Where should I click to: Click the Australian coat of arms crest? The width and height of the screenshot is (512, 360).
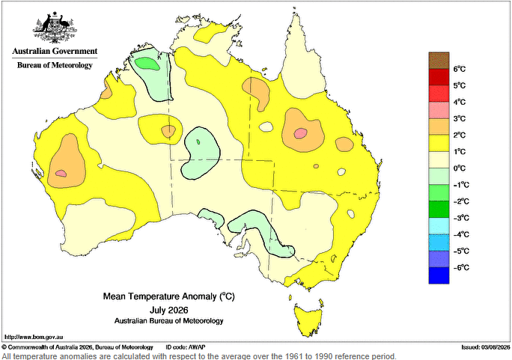coord(55,28)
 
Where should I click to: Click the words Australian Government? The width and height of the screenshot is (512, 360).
coord(55,51)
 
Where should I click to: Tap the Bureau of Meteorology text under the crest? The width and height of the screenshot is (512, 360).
coord(55,65)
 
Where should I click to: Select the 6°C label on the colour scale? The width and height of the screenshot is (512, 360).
coord(459,69)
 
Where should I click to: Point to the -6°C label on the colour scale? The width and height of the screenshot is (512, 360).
coord(461,268)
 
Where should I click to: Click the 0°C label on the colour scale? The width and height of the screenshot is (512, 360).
coord(460,168)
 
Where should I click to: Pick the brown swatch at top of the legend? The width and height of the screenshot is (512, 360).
coord(439,61)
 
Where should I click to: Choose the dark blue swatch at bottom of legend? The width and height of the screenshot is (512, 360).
coord(439,275)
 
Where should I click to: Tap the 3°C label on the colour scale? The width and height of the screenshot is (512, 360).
coord(459,118)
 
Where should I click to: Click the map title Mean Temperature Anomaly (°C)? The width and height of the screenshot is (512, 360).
coord(169,296)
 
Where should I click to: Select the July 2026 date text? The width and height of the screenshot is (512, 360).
coord(169,310)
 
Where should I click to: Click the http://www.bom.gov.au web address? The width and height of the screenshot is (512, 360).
coord(34,337)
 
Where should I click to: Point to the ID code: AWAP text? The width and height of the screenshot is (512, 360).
coord(186,347)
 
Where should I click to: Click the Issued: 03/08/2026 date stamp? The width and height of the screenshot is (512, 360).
coord(486,347)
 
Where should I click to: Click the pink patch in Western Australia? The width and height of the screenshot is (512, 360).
coord(61,174)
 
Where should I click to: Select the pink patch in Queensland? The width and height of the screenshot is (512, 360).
coord(300,132)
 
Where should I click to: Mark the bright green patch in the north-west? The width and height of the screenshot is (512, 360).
coord(147,64)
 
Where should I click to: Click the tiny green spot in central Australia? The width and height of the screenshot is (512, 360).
coord(198,141)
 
